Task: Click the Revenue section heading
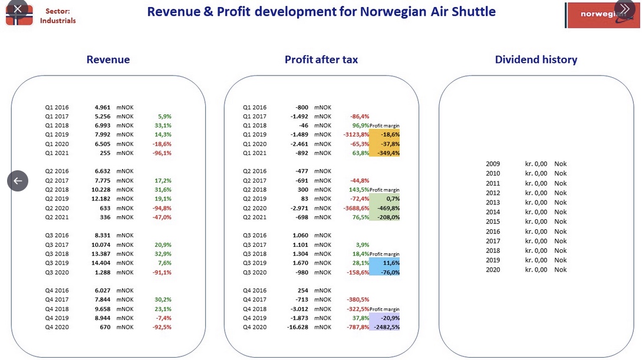[x=108, y=60]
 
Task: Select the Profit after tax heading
[x=321, y=60]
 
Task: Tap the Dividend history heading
[x=536, y=60]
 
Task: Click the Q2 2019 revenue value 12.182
[x=101, y=199]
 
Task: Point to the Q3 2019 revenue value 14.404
[x=101, y=263]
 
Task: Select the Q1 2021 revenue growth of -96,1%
[x=162, y=153]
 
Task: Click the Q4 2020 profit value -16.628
[x=298, y=327]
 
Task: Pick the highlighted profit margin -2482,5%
[x=385, y=327]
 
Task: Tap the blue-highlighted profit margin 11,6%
[x=391, y=263]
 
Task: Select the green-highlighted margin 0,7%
[x=393, y=199]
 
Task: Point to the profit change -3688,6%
[x=356, y=208]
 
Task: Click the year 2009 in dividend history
[x=493, y=164]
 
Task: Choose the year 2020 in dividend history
[x=493, y=270]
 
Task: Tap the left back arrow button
[x=18, y=181]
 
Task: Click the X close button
[x=18, y=8]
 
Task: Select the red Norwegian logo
[x=602, y=15]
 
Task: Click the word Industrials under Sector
[x=58, y=21]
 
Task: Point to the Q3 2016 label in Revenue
[x=57, y=236]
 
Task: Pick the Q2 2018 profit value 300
[x=303, y=190]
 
